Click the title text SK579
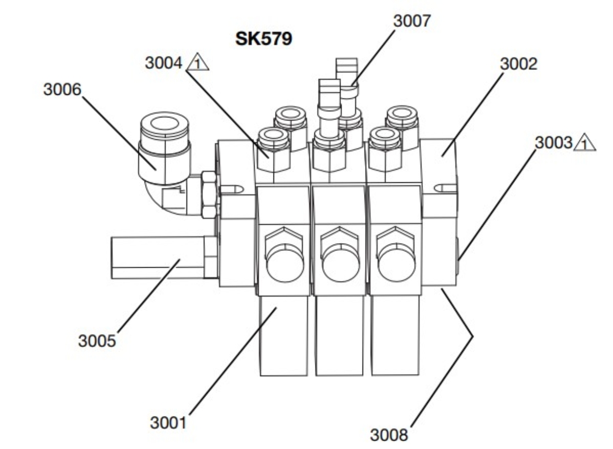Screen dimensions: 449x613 pos(264,40)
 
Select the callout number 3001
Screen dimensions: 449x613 pos(169,422)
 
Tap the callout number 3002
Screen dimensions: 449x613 pos(519,64)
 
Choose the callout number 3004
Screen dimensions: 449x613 pos(163,63)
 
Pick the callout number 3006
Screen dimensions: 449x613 pos(62,90)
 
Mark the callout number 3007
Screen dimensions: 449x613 pos(412,21)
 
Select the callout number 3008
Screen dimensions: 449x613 pos(389,434)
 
